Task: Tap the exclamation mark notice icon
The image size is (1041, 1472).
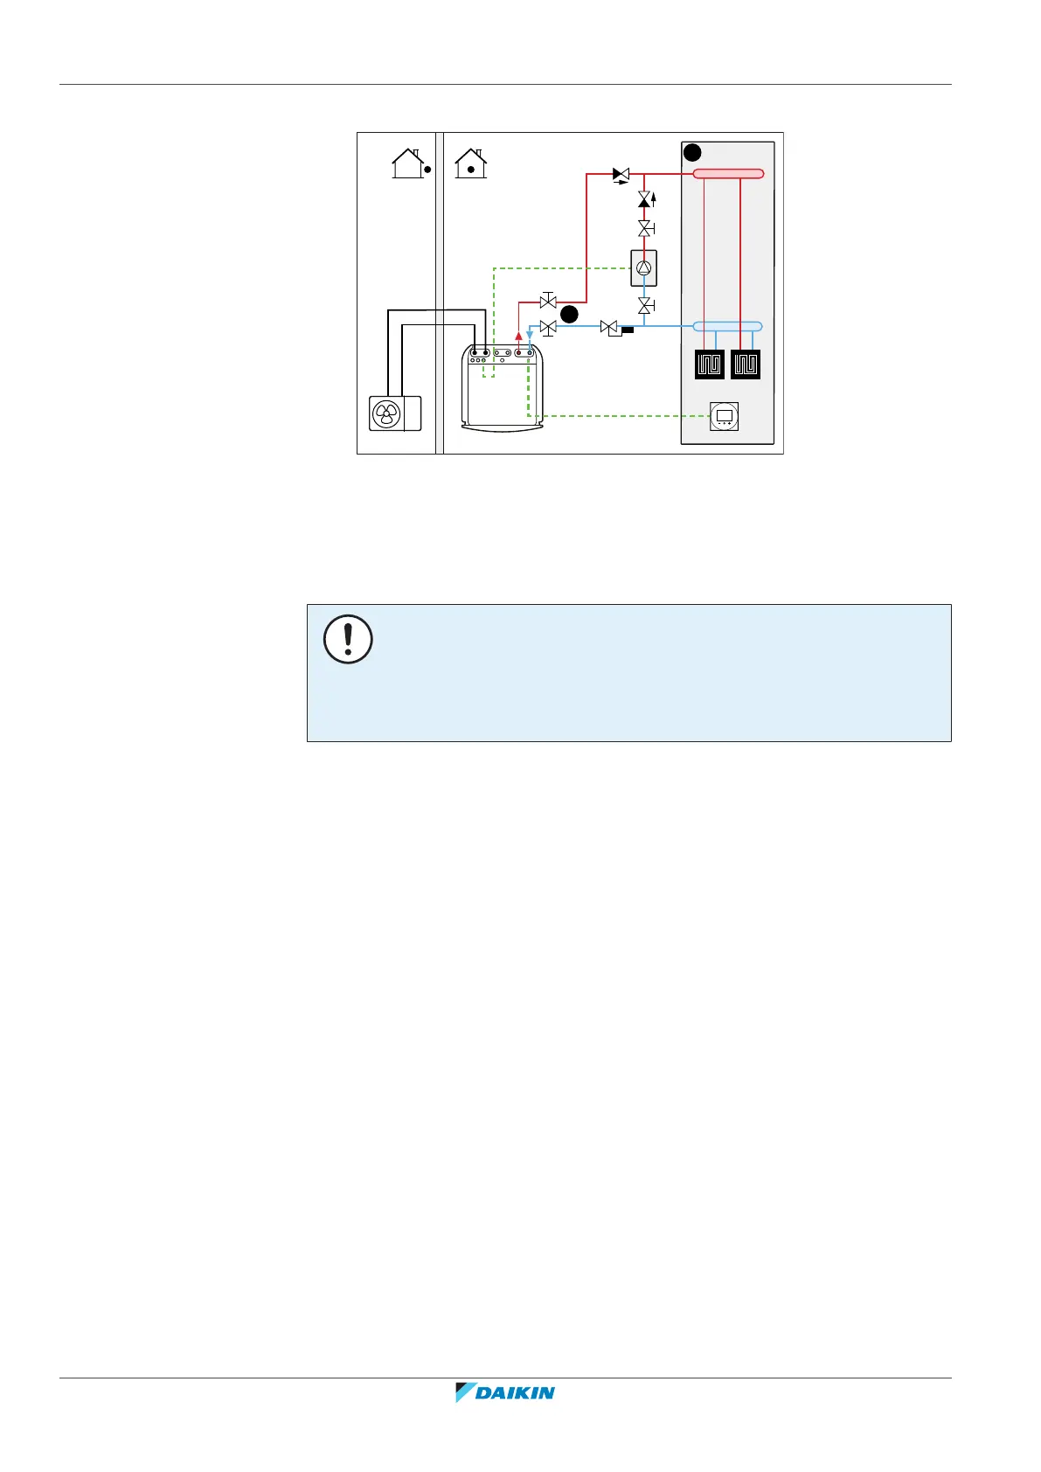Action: tap(348, 640)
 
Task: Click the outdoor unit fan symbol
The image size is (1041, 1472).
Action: tap(386, 413)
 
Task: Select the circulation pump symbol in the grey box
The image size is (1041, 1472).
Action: tap(644, 268)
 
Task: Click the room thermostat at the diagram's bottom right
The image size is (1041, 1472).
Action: tap(724, 416)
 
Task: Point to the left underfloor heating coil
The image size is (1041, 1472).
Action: tap(710, 364)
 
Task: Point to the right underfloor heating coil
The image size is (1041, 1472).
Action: tap(746, 364)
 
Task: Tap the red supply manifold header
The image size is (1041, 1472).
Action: tap(728, 174)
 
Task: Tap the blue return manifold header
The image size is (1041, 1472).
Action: tap(728, 327)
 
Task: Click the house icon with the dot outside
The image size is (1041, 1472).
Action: tap(409, 163)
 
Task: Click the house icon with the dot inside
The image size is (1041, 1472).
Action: tap(471, 163)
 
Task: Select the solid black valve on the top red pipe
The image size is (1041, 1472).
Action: tap(621, 175)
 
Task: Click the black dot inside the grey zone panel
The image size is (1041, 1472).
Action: tap(691, 152)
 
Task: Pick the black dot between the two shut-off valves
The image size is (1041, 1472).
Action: tap(569, 315)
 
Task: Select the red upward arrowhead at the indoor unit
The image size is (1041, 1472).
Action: tap(519, 335)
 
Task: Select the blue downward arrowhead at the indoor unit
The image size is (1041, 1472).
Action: tap(530, 335)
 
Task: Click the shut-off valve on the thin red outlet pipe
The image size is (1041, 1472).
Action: tap(548, 302)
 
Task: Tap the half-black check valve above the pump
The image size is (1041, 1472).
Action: tap(644, 199)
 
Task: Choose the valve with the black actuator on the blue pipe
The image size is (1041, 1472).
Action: tap(611, 328)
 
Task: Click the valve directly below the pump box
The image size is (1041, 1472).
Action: tap(644, 306)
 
